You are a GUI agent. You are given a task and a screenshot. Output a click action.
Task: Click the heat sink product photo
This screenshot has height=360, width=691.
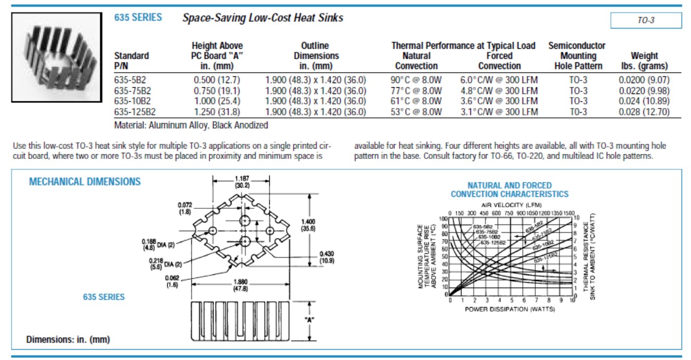pos(58,58)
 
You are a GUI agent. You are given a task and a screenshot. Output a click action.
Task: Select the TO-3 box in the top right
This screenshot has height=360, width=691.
pos(645,21)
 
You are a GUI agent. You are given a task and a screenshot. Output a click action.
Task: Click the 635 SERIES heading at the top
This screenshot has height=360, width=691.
pos(138,18)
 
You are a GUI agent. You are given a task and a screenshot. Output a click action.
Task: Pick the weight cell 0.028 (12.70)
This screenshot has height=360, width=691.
pos(644,112)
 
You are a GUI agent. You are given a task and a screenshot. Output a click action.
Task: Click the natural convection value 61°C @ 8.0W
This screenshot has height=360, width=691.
pos(416,101)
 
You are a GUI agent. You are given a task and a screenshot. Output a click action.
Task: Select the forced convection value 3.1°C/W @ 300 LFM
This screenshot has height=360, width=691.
pos(499,112)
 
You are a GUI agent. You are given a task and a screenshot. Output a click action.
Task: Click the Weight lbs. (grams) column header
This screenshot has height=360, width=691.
pos(644,61)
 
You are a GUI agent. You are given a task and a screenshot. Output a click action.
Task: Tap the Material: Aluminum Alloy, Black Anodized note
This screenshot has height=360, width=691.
pos(191,125)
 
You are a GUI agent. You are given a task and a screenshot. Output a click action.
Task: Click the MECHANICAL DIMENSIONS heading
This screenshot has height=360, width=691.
pos(85,182)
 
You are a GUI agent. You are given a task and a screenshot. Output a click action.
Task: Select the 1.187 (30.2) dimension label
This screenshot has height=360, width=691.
pos(242,181)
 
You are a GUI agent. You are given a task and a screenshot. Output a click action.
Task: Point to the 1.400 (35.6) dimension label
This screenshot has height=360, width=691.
pos(308,224)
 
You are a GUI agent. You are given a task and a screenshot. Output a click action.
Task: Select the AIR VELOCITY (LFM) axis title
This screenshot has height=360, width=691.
pos(511,205)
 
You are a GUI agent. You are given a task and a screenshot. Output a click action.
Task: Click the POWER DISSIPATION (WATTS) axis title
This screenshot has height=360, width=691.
pos(510,309)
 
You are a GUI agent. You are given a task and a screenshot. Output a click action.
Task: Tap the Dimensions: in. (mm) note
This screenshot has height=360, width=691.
pos(68,340)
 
